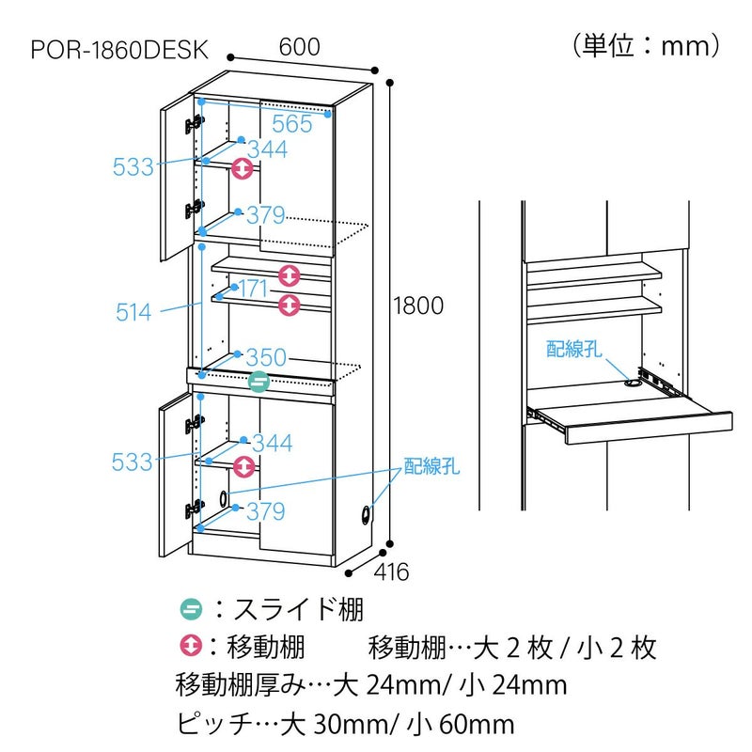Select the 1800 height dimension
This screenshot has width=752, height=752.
click(x=418, y=305)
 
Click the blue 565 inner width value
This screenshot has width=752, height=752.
click(x=292, y=123)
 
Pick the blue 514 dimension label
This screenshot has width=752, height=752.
click(x=133, y=312)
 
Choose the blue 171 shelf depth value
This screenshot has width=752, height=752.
click(x=252, y=290)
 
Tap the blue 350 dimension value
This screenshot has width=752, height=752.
click(x=266, y=358)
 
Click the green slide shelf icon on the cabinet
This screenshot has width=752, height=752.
click(x=259, y=381)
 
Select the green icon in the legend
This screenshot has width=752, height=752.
click(x=191, y=608)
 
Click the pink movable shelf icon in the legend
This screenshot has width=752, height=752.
click(x=191, y=647)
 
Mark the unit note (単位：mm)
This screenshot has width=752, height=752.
click(x=646, y=45)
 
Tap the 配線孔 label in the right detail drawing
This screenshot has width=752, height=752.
click(x=573, y=350)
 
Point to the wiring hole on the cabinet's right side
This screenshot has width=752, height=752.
click(x=365, y=515)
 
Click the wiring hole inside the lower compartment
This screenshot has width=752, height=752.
click(x=224, y=498)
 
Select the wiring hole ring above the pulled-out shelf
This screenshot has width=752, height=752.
click(x=631, y=383)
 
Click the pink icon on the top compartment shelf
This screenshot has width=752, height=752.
click(x=243, y=169)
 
